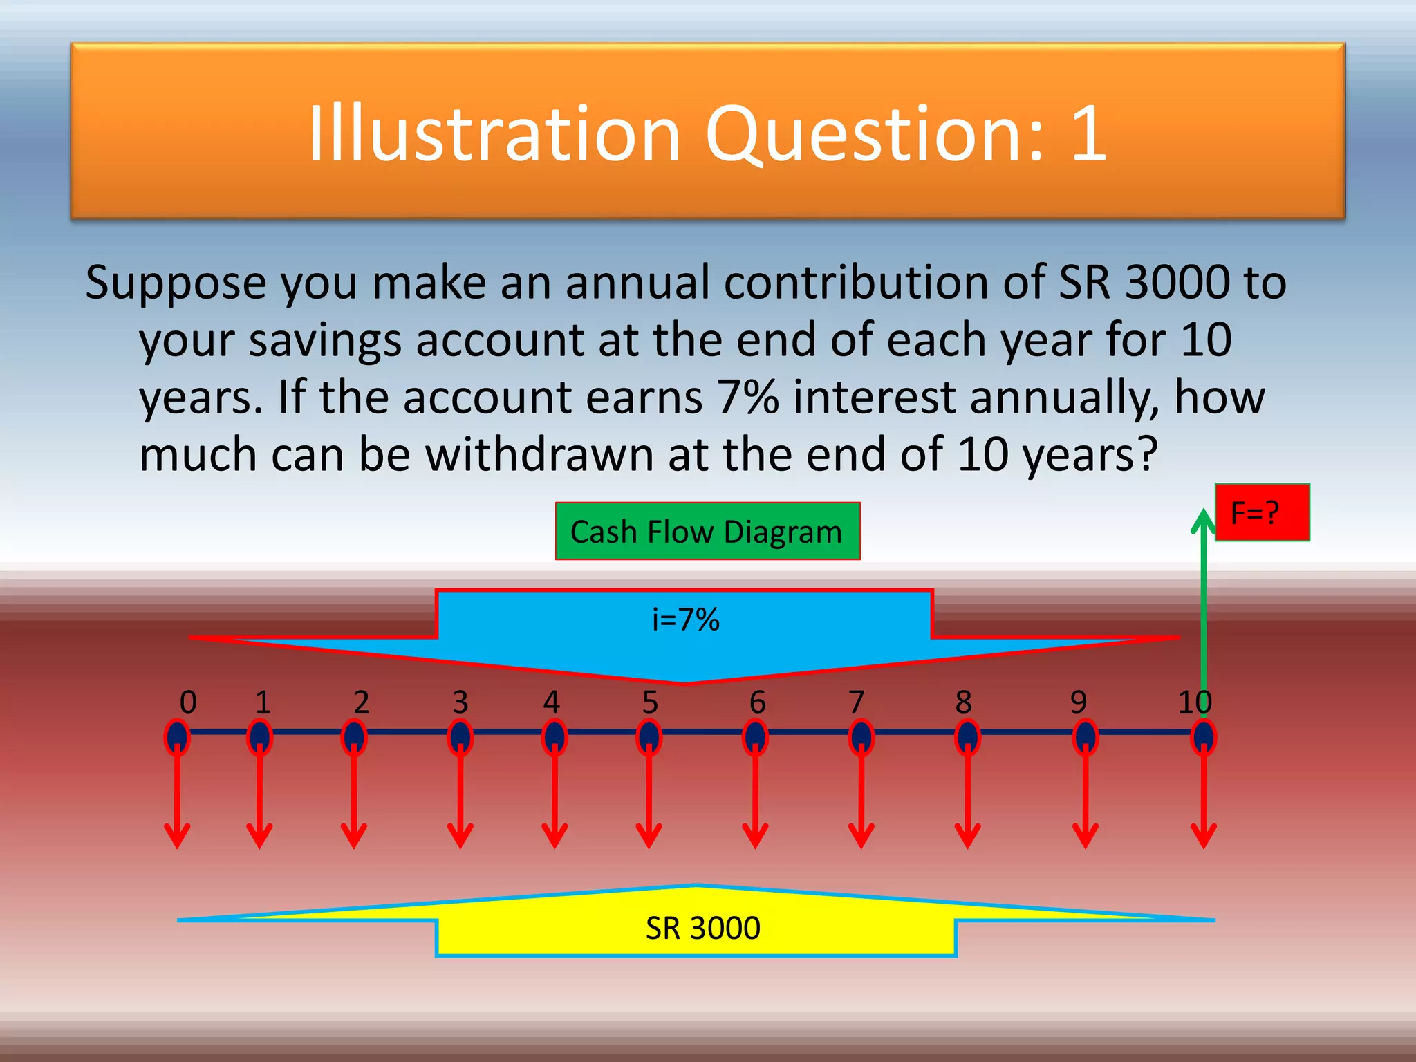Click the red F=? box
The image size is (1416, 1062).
pyautogui.click(x=1262, y=512)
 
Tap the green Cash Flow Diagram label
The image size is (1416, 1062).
pyautogui.click(x=707, y=532)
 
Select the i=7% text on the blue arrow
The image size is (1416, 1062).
pyautogui.click(x=685, y=619)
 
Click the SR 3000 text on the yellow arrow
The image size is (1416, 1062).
pyautogui.click(x=702, y=928)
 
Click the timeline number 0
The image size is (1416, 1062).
pyautogui.click(x=188, y=702)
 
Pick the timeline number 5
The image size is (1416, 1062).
pyautogui.click(x=650, y=702)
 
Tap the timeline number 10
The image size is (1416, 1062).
pyautogui.click(x=1195, y=702)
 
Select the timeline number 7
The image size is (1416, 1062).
pyautogui.click(x=857, y=702)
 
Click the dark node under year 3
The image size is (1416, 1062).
pyautogui.click(x=460, y=737)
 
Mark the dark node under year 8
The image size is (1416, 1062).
pyautogui.click(x=967, y=737)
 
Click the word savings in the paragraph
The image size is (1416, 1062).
pyautogui.click(x=325, y=340)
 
